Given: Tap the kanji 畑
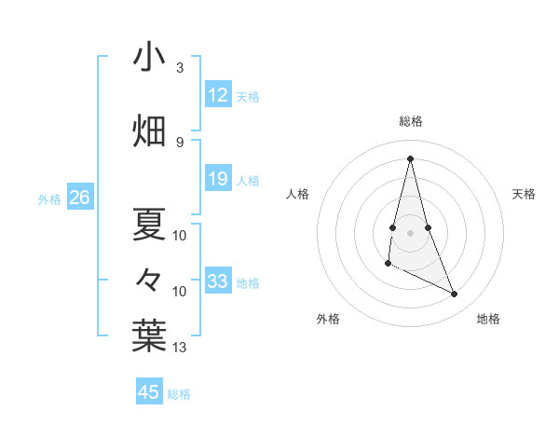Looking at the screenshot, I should point(149,130).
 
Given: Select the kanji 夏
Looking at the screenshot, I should point(149,224).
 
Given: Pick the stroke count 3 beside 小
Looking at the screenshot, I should point(180,68).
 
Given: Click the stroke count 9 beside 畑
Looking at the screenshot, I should point(180,142).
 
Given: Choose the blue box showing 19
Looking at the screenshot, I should point(217,179).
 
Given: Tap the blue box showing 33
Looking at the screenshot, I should point(217,281).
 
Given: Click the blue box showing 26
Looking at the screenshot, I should point(79,198).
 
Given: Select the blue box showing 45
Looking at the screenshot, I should point(149,392).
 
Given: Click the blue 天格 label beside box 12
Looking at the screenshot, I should point(248,97).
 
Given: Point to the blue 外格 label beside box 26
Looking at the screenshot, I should point(49,198).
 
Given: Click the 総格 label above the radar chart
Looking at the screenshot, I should point(411,121).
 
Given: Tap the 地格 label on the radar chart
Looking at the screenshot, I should point(488,319).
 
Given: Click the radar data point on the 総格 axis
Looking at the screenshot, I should point(410,158).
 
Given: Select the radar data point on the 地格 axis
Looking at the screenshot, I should point(455,294).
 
